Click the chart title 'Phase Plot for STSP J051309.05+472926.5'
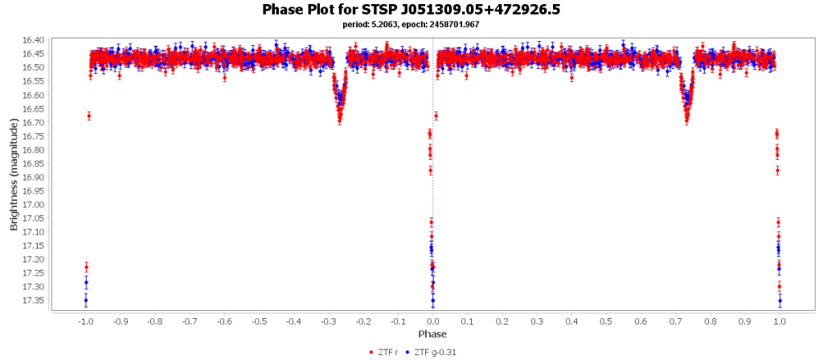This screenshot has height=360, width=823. tap(411, 10)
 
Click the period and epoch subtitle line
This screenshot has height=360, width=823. tap(411, 24)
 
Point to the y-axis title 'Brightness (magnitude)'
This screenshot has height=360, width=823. tap(14, 174)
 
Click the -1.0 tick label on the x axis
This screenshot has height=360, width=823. tap(84, 321)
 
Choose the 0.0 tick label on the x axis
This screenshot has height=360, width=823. tap(432, 321)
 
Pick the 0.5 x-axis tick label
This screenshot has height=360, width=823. tap(606, 321)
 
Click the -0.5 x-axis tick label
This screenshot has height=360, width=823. tap(258, 321)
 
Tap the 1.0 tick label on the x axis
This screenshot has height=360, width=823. tap(780, 321)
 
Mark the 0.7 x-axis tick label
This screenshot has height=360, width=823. tap(675, 321)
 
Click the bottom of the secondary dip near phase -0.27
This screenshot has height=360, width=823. tap(340, 121)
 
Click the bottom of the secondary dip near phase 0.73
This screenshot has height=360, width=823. tap(687, 121)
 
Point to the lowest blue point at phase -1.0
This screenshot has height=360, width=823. tap(86, 301)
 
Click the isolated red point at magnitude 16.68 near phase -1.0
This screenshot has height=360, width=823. tap(89, 116)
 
